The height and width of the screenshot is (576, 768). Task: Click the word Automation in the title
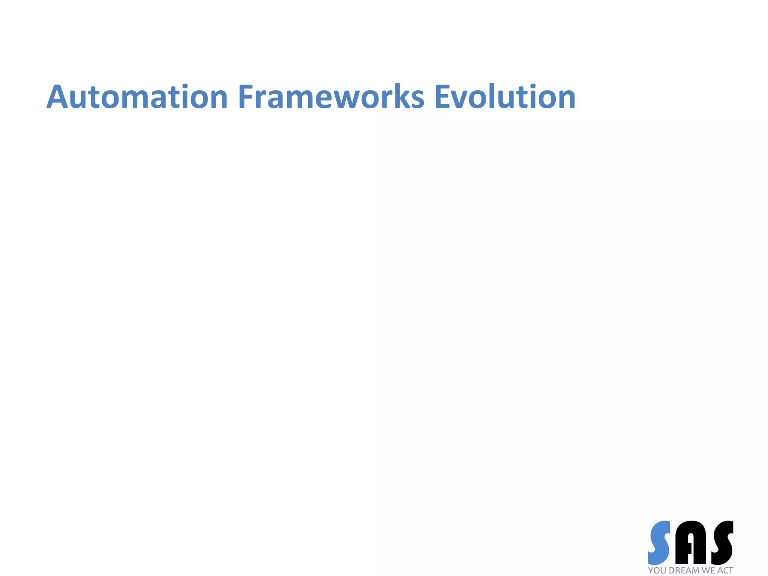click(137, 97)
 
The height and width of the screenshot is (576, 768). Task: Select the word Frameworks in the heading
click(331, 97)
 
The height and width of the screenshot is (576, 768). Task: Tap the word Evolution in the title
click(504, 97)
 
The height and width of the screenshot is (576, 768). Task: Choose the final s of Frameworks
click(417, 99)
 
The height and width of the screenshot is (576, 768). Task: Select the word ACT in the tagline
click(725, 570)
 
